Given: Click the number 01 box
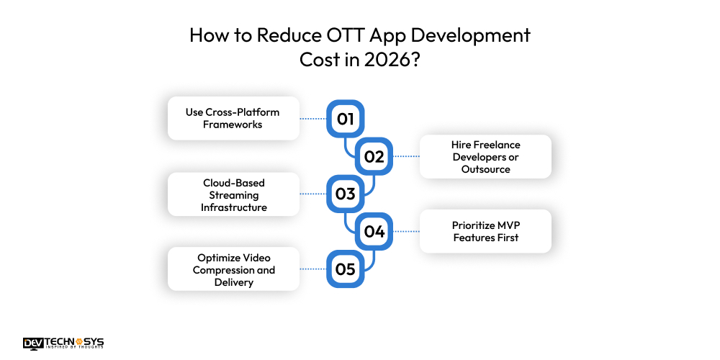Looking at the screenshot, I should (346, 119).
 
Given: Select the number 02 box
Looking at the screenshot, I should (374, 156).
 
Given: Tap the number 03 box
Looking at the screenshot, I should (346, 194).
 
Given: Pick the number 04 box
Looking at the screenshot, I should (374, 231).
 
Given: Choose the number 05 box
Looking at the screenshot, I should (346, 269).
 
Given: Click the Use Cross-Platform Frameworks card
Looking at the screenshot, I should (233, 118).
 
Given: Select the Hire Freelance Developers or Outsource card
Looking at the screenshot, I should (485, 157).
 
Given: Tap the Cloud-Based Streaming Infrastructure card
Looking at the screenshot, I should (233, 194).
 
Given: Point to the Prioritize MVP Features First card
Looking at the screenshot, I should (485, 231).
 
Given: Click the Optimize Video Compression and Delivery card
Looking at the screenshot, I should (233, 269).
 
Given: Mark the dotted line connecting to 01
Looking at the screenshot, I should (313, 119).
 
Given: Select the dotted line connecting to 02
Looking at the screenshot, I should (405, 156).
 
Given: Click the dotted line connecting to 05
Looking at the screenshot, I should (313, 269).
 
